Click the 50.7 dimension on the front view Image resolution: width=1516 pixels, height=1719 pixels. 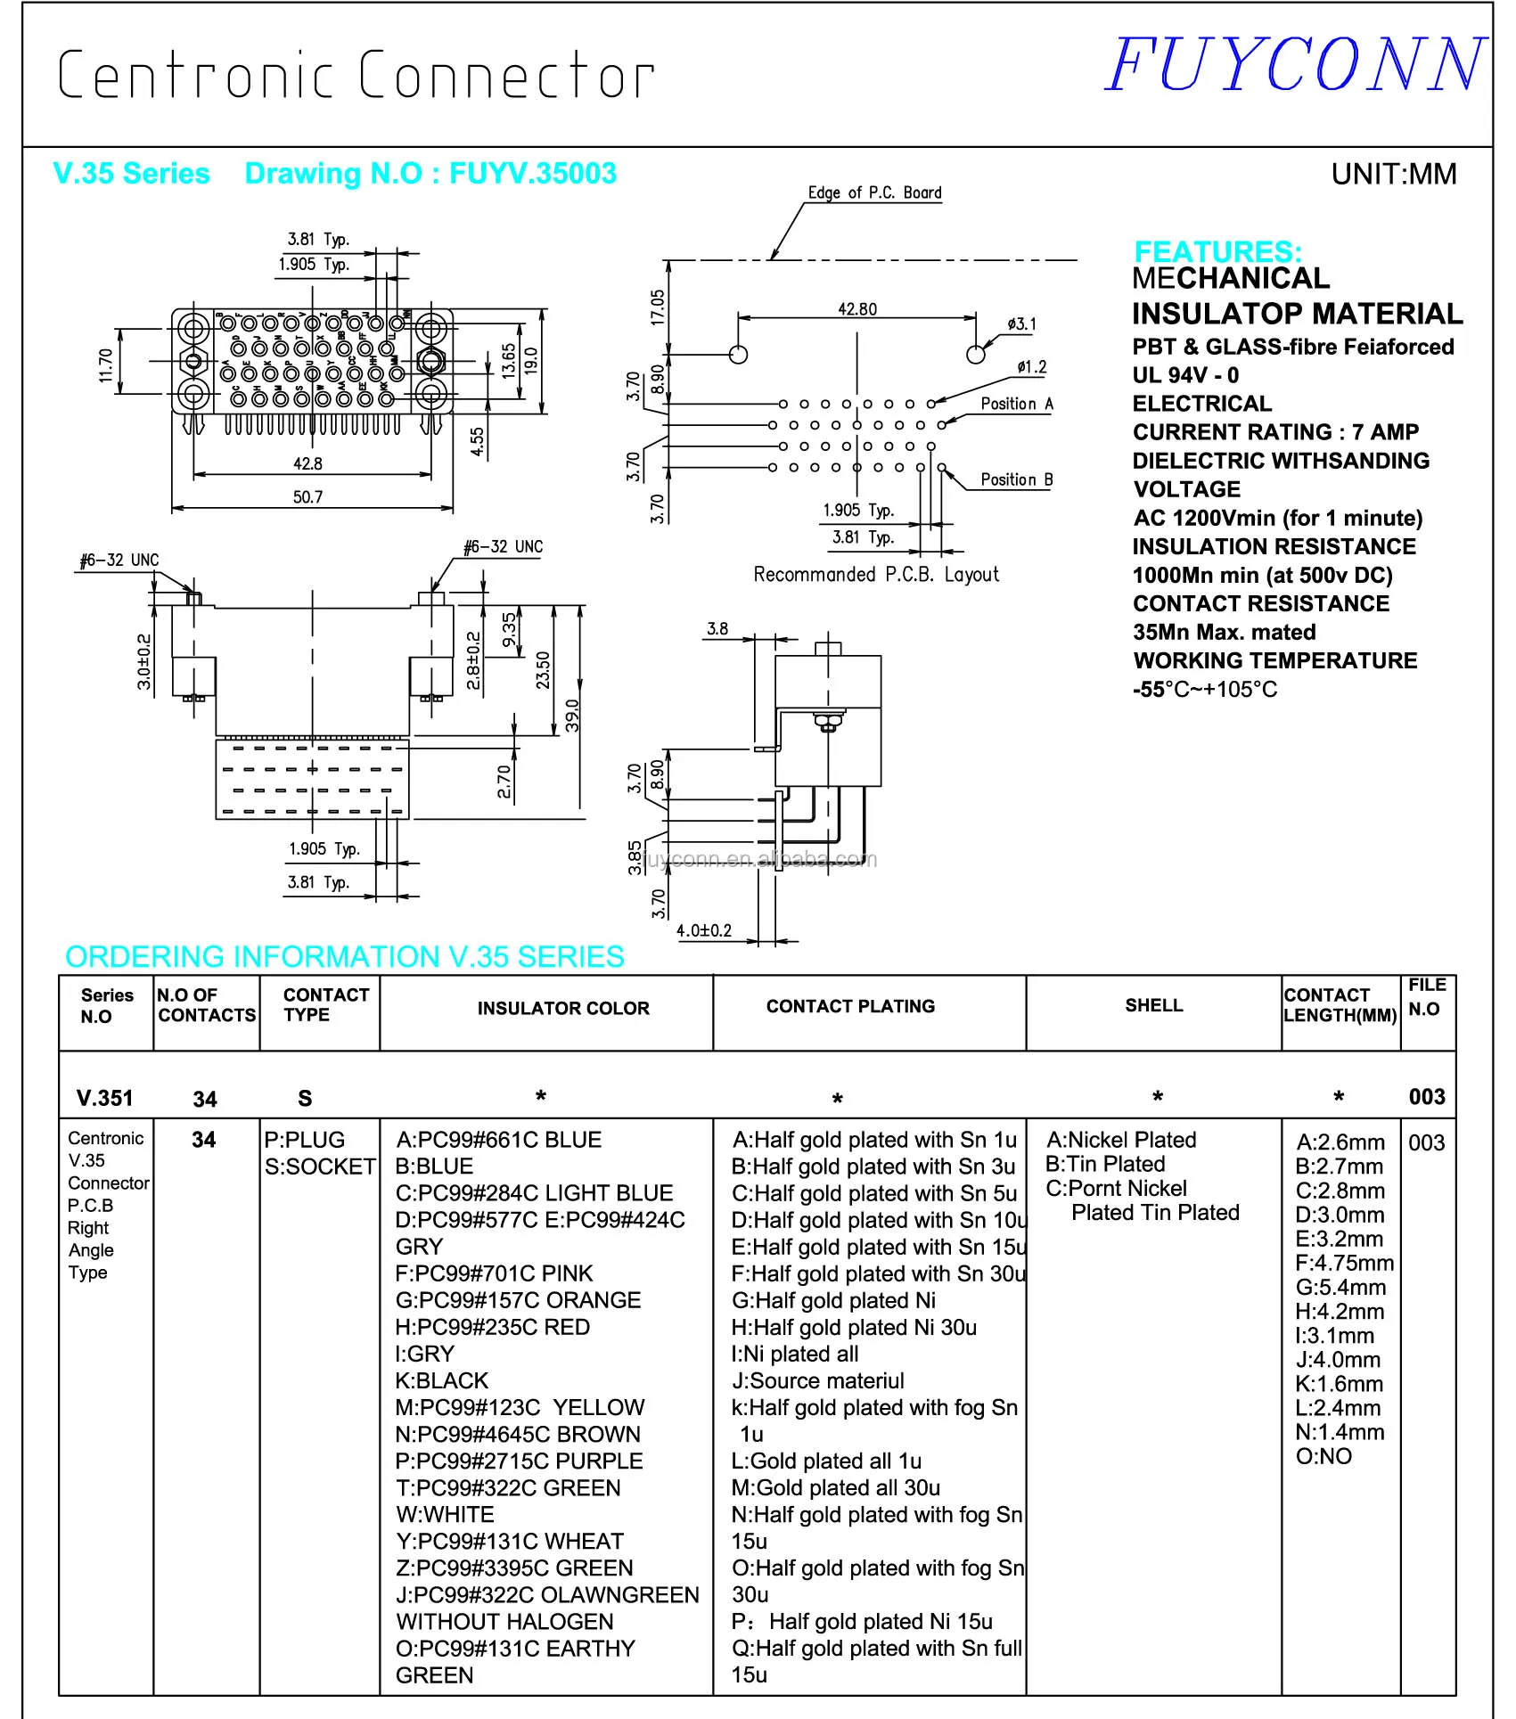click(307, 497)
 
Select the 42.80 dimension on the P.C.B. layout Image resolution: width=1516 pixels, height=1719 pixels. click(856, 309)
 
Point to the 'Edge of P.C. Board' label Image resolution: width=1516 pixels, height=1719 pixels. click(874, 192)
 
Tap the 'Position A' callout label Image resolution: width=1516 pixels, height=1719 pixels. click(1016, 404)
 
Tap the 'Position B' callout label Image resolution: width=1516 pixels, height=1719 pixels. click(1016, 479)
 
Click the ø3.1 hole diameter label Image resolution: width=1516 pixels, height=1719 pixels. click(1021, 324)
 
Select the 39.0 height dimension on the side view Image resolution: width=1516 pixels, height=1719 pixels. click(572, 716)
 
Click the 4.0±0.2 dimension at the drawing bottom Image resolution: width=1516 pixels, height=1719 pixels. click(704, 930)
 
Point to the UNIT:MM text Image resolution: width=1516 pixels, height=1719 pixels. click(1393, 174)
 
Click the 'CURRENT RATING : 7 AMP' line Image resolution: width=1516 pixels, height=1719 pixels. click(1275, 432)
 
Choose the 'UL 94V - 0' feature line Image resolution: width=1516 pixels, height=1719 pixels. click(1185, 375)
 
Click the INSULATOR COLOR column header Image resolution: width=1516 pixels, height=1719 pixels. click(563, 1008)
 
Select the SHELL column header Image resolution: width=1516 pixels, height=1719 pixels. click(1153, 1005)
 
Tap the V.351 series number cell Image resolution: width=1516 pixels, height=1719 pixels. click(104, 1098)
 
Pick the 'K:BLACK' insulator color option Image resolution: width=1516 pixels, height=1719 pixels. click(442, 1380)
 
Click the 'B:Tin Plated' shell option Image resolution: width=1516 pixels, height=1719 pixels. click(1105, 1164)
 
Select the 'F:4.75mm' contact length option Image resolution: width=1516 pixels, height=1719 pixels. click(1344, 1263)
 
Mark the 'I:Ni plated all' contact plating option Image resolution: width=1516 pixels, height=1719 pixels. click(795, 1354)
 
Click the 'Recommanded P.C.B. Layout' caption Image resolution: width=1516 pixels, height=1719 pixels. click(876, 575)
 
